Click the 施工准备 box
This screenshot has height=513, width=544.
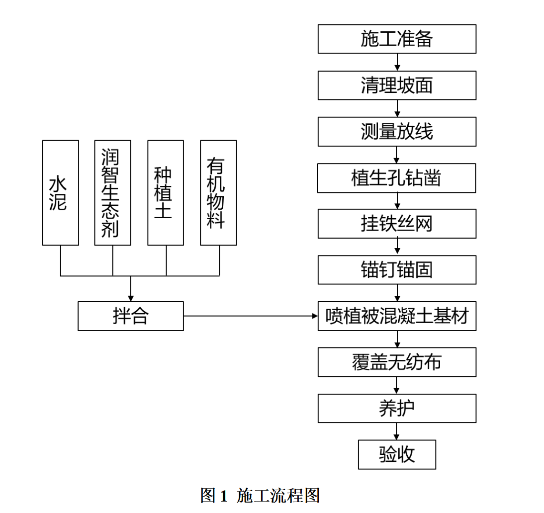point(397,39)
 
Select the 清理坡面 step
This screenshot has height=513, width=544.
point(397,85)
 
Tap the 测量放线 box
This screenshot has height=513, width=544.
point(397,131)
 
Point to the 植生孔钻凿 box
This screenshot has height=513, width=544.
point(397,177)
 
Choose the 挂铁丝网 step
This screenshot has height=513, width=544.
point(397,223)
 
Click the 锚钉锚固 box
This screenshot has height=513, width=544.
point(397,269)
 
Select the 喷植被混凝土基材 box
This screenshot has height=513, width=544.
point(397,316)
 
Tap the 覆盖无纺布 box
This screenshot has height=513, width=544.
point(397,362)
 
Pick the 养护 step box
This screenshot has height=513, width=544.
point(397,408)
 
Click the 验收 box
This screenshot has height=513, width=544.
point(397,454)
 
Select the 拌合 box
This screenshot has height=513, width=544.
point(130,316)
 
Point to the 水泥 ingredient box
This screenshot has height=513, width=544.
point(60,192)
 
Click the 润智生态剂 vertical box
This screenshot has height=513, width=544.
point(112,192)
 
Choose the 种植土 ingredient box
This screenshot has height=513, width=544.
point(166,192)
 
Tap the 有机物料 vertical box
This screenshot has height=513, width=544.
point(218,192)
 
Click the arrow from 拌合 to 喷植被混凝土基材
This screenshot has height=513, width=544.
point(251,316)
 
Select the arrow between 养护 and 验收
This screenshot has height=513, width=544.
point(397,431)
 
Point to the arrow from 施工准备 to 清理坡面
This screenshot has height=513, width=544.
point(397,62)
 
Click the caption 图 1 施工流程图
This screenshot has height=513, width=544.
point(260,495)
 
